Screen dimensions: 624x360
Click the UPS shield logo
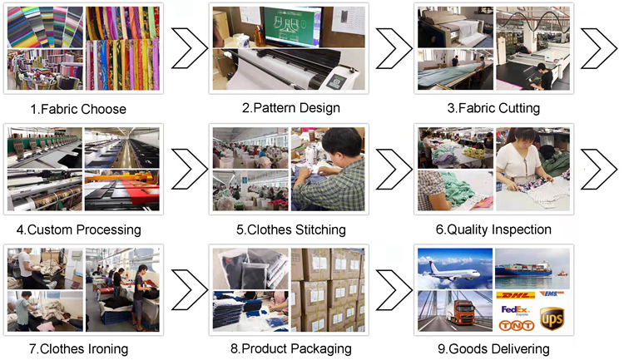tap(552, 318)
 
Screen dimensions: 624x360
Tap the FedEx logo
tap(515, 310)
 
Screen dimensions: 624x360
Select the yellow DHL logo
tap(516, 295)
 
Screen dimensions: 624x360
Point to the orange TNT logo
tap(517, 326)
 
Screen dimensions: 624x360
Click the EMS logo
tap(552, 294)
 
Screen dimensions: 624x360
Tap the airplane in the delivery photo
tap(451, 272)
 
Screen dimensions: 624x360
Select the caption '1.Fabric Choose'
tap(78, 109)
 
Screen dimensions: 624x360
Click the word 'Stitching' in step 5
tap(320, 230)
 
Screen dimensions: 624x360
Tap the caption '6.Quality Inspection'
tap(493, 229)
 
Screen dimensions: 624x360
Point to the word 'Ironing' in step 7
tap(108, 349)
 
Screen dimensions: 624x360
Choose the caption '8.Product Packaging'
tap(291, 349)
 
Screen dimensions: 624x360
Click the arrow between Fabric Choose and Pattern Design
tap(190, 48)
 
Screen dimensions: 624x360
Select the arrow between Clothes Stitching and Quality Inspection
tap(394, 169)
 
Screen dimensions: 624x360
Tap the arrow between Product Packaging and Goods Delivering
tap(394, 290)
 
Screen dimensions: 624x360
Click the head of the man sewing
tap(341, 142)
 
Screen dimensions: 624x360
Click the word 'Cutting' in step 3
tap(519, 108)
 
